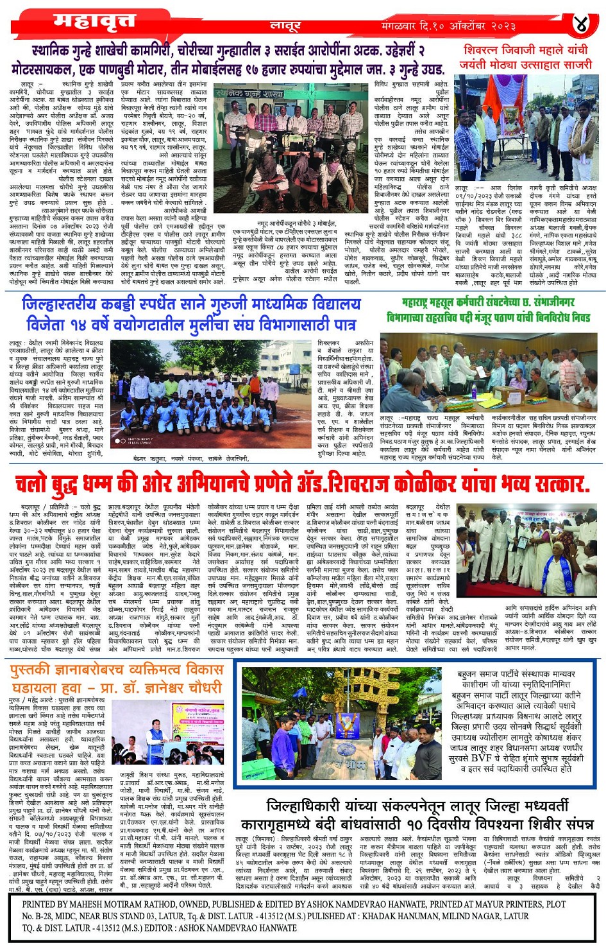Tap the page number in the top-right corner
point(581,24)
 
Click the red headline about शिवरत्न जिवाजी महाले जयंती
point(525,57)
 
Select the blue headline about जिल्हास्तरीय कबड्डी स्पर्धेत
point(191,314)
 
